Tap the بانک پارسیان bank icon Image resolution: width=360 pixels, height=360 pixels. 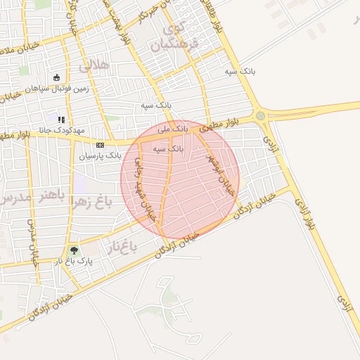coord(99,145)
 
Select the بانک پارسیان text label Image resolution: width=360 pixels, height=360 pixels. coord(96,155)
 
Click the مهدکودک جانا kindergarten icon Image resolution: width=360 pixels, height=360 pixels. coord(61,120)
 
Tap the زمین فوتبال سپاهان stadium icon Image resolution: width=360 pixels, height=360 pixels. coord(56,78)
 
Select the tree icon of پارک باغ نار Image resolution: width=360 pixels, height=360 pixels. coord(73,250)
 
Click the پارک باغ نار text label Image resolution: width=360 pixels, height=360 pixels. coord(75,261)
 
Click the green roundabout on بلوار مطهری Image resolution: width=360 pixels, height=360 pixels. coord(261,116)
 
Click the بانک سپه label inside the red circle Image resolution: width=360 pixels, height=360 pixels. coord(169,149)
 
